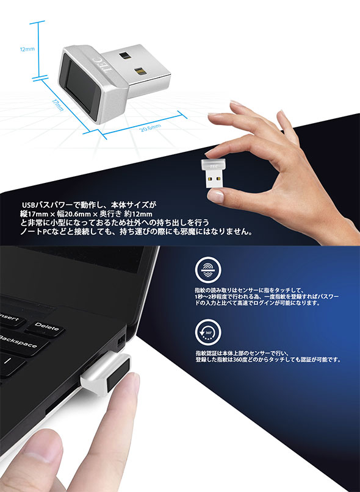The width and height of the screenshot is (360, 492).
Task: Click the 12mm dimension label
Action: tap(27, 49)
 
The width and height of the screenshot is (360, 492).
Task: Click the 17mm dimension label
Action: tap(58, 105)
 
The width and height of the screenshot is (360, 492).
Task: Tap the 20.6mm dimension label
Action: tap(151, 127)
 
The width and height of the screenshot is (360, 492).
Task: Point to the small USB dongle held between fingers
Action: tap(213, 173)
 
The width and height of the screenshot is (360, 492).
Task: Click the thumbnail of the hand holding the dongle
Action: tap(216, 196)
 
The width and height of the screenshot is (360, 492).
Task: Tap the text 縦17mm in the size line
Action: tap(35, 214)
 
